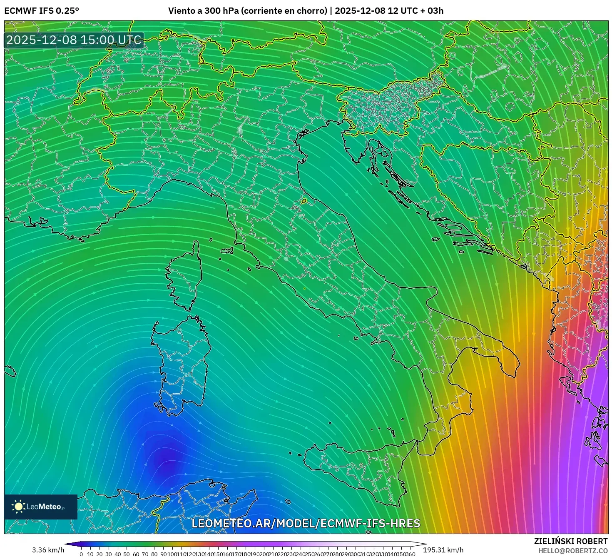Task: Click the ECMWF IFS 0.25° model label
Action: [42, 11]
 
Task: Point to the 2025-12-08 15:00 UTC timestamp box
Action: [74, 40]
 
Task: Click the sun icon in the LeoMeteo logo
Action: [18, 507]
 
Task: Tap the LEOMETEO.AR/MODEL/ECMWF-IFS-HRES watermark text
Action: [306, 524]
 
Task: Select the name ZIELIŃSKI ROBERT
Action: [570, 541]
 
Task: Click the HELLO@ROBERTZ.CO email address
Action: [572, 551]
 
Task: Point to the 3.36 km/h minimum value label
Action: [48, 550]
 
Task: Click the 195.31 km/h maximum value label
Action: [443, 550]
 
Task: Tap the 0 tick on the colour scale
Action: [81, 554]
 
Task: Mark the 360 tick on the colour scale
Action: [410, 554]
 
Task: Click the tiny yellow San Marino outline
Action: [304, 201]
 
